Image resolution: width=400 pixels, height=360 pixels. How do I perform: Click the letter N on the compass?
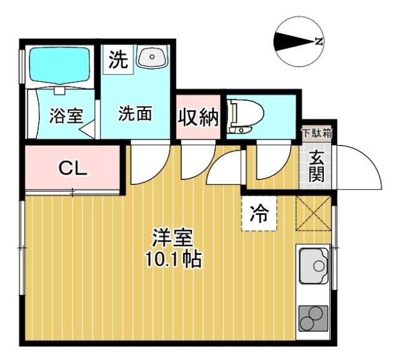point(319,42)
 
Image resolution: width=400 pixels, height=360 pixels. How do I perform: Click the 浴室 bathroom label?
point(66,116)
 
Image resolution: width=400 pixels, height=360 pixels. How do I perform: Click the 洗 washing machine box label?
point(118,60)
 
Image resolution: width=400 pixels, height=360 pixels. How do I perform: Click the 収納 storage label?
point(197,117)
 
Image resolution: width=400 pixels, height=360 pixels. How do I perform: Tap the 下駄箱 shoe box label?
point(317,132)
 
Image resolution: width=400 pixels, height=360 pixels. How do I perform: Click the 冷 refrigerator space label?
point(258,214)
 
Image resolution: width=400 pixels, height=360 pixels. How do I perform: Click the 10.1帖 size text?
point(173,259)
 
